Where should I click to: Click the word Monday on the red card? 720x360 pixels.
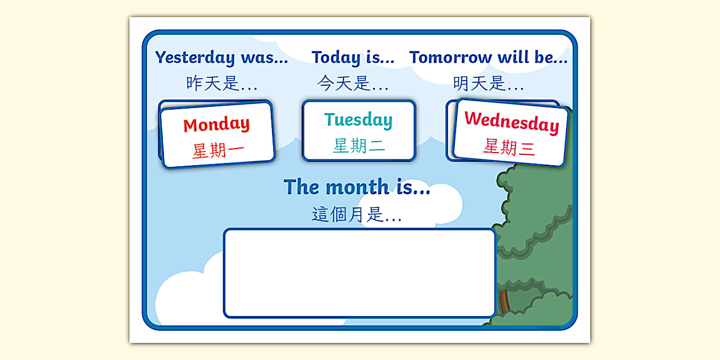tap(217, 124)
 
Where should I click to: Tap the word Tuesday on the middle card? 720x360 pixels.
tap(358, 119)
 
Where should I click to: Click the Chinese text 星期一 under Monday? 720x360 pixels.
tap(218, 151)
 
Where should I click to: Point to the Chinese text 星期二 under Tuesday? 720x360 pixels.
tap(359, 146)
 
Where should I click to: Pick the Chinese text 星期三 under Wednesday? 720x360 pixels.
tap(509, 147)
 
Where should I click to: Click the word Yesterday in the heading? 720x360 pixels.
tap(195, 57)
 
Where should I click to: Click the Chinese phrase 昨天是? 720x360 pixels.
tap(213, 83)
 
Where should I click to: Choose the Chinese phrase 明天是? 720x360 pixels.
tap(479, 83)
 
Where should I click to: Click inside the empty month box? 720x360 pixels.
tap(359, 273)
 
